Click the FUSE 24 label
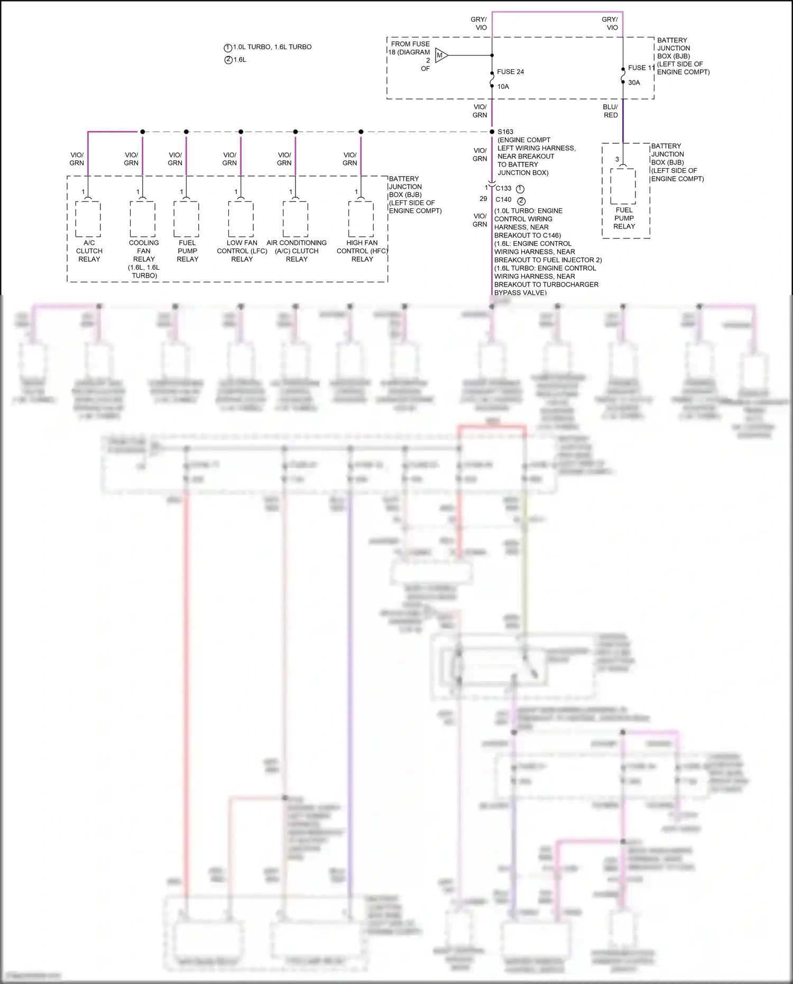coord(510,72)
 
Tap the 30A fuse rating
coord(634,83)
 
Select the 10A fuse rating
coord(503,87)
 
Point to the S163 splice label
coord(505,132)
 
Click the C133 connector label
coord(503,189)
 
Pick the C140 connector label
coord(503,200)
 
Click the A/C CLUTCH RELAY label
coord(89,251)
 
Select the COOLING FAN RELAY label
coord(144,251)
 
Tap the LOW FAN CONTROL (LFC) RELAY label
coord(242,251)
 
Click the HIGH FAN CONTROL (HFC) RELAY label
coord(362,251)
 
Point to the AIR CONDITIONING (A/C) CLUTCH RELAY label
coord(297,251)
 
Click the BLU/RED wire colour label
coord(611,111)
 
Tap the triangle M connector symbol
coord(441,55)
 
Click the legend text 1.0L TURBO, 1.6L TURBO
coord(272,47)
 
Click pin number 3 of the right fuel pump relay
coord(617,159)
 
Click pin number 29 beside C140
coord(483,199)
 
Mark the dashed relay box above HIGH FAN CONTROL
coord(362,219)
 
